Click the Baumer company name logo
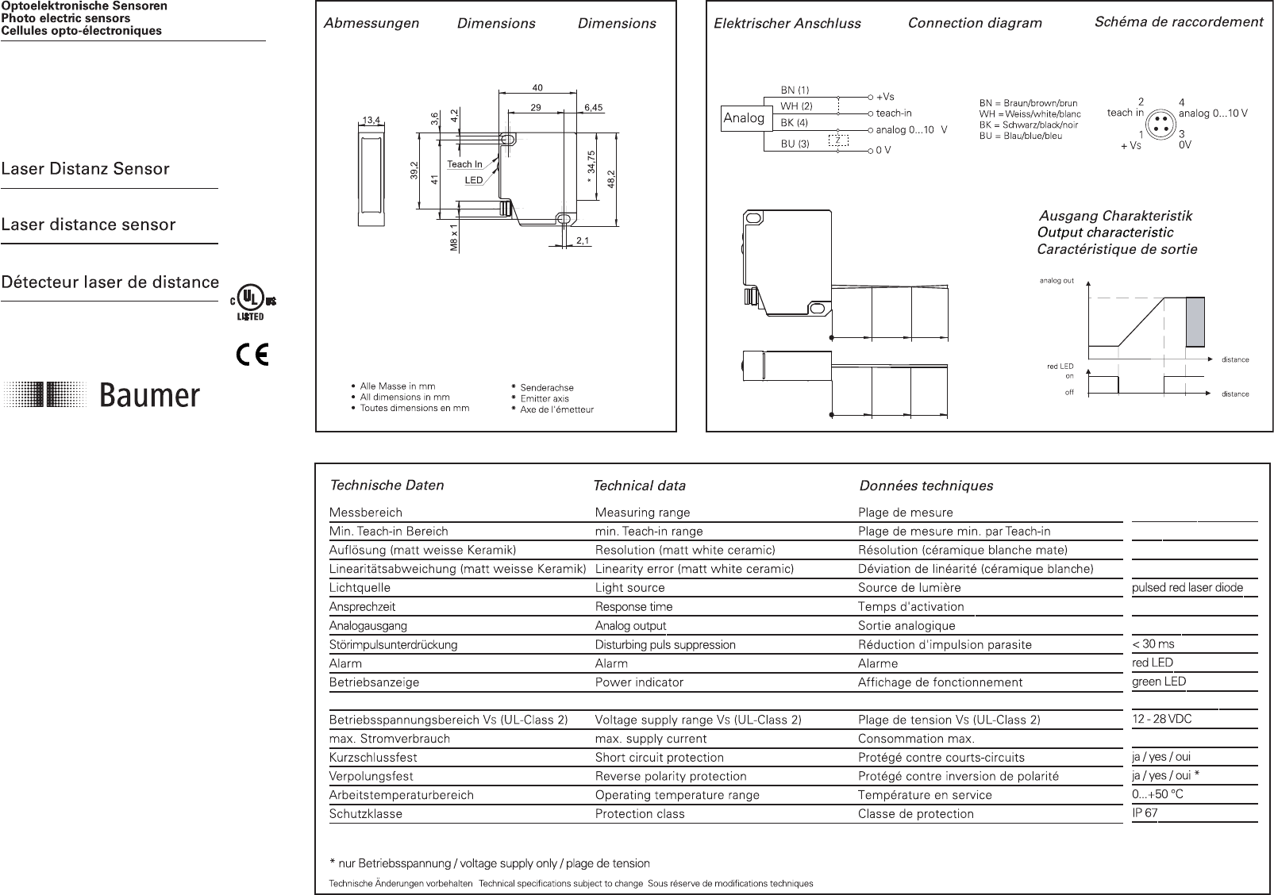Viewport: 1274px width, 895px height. coord(150,395)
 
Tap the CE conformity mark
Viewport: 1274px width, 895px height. coord(252,354)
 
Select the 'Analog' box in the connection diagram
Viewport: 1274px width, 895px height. coord(744,118)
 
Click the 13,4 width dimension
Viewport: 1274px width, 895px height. coord(371,120)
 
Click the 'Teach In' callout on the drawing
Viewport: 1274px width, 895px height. coord(464,164)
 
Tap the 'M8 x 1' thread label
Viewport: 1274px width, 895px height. coord(454,238)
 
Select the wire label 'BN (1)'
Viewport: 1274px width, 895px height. coord(795,90)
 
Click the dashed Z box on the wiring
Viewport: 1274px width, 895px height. coord(837,140)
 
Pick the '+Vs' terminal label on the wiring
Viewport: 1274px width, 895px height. coord(885,97)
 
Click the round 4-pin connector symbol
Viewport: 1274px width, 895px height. coord(1160,126)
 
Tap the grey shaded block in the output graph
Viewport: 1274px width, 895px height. coord(1195,321)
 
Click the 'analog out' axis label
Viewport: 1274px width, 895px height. coord(1057,281)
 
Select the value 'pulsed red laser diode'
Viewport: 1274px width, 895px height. coord(1187,588)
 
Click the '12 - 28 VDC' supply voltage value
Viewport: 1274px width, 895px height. coord(1162,720)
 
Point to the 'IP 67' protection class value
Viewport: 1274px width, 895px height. coord(1145,813)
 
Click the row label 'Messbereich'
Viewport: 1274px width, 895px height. coord(366,513)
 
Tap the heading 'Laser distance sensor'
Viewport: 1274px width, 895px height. coord(88,225)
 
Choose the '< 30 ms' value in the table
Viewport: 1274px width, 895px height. coord(1153,644)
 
